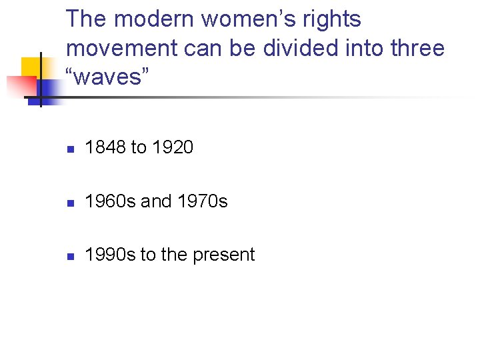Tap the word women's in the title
pos(246,19)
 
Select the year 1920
pos(173,147)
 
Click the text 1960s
pos(110,201)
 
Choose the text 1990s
pos(110,254)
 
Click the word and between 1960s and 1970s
pos(155,201)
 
